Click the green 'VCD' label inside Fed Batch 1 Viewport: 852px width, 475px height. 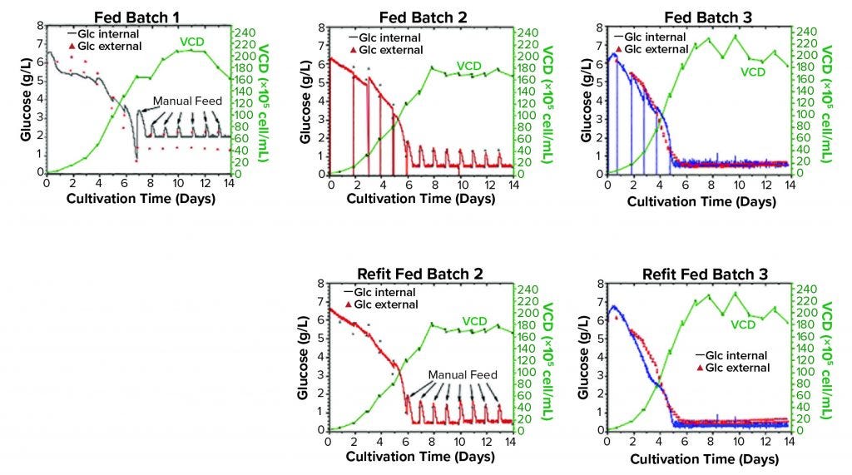point(191,42)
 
